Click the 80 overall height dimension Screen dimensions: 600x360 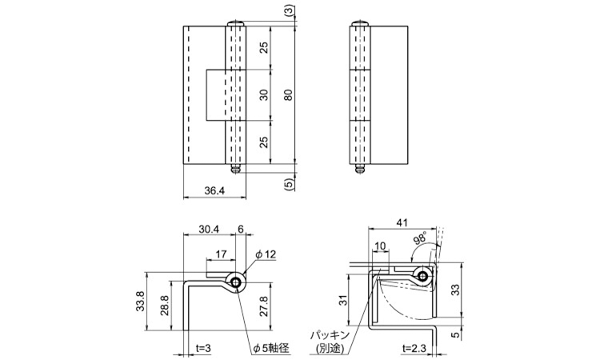coord(289,94)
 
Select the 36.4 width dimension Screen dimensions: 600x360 coord(214,191)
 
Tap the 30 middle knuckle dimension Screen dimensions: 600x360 coord(264,94)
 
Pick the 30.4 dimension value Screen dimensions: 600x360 coord(209,229)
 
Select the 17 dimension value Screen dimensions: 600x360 coord(221,254)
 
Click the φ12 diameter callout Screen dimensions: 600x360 coord(266,254)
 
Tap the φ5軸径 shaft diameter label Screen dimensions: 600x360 coord(271,348)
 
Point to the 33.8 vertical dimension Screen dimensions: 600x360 coord(140,301)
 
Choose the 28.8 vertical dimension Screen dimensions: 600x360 coord(164,305)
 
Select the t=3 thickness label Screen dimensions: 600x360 coord(203,348)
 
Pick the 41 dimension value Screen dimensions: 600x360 coord(402,222)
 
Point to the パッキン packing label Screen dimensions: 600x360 coord(330,336)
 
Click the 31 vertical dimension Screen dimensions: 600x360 coord(344,301)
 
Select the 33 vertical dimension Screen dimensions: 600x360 coord(455,290)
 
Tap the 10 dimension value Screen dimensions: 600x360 coord(381,246)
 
